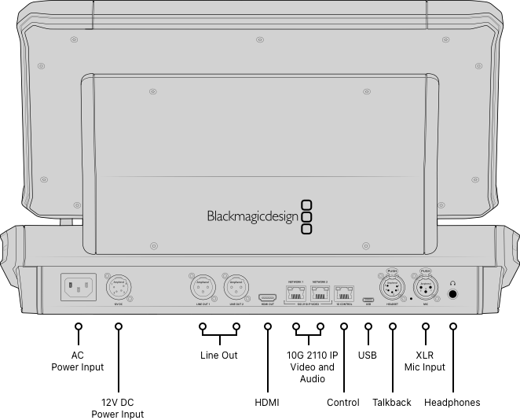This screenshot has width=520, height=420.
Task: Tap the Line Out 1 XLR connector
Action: click(x=203, y=287)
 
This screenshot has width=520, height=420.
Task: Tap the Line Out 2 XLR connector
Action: click(x=236, y=287)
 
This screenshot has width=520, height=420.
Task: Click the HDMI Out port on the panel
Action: click(x=267, y=298)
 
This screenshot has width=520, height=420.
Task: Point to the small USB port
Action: click(x=368, y=299)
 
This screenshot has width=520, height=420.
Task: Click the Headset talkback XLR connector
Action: click(x=392, y=288)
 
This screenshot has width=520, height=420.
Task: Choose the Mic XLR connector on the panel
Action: click(x=425, y=288)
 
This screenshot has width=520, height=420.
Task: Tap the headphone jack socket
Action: click(x=453, y=295)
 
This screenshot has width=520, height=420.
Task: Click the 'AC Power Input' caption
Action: click(x=77, y=361)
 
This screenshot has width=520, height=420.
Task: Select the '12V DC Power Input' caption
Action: click(x=118, y=408)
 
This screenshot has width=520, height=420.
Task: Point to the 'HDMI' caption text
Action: click(x=267, y=403)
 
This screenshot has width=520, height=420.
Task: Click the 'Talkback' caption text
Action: click(x=392, y=403)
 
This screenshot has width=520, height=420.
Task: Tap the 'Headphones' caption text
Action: click(x=452, y=403)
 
